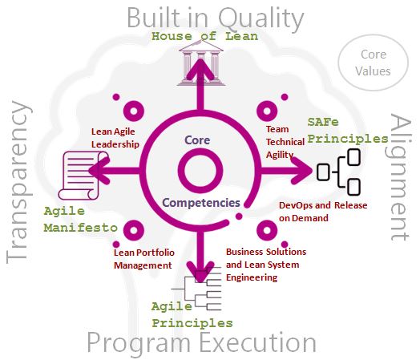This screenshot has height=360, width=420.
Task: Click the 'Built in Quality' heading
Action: point(216,18)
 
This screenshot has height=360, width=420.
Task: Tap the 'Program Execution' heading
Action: point(202,343)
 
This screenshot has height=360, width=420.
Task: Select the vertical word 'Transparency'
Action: point(18,182)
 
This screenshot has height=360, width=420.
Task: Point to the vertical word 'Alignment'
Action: point(400,177)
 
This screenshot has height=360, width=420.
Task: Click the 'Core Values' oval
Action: point(374,63)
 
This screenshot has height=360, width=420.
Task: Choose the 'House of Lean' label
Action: point(205,36)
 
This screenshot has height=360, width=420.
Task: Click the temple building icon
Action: point(201,63)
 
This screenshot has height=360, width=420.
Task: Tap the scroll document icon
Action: point(83,176)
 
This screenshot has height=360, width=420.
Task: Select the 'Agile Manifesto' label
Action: point(81,220)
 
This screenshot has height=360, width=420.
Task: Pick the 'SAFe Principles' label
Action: point(348,131)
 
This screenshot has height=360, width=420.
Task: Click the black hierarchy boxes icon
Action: point(338,172)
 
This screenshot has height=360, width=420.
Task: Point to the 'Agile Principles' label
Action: point(192,315)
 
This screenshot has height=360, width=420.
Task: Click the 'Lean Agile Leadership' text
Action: point(115,138)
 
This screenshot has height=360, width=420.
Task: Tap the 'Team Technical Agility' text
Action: point(285,142)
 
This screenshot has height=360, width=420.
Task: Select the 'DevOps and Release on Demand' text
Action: point(323,212)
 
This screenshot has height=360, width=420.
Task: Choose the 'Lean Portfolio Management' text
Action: point(144,259)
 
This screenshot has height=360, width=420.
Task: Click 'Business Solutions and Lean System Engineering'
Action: point(266,265)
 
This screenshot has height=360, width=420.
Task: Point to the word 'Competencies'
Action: point(201,203)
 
